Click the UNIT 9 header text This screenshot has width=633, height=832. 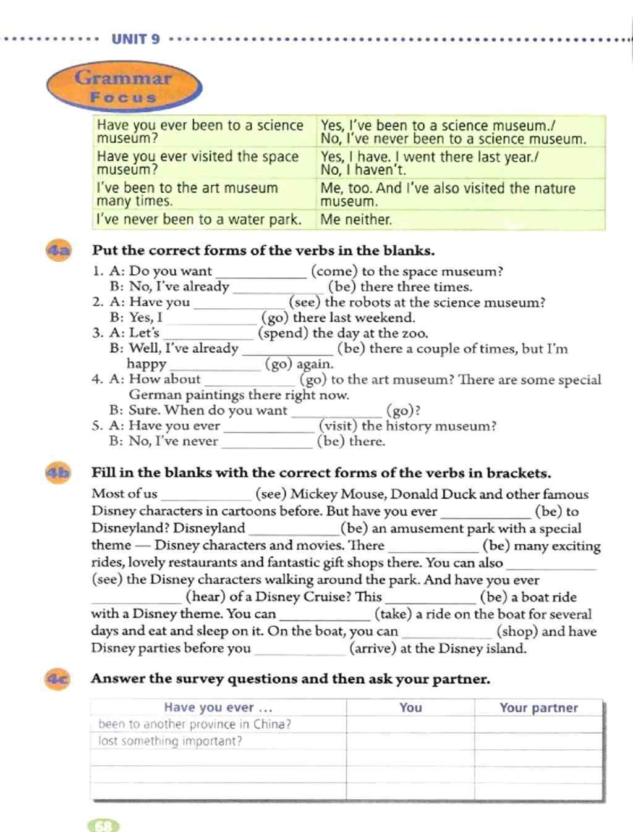point(135,39)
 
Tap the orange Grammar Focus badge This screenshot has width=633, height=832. point(124,86)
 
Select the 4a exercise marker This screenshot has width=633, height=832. point(59,250)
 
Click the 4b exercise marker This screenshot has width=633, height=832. point(59,473)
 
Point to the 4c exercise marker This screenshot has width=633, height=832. point(59,679)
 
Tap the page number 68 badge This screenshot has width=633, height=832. point(104,825)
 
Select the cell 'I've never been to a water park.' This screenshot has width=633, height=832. point(199,219)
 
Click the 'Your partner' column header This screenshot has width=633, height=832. point(538,708)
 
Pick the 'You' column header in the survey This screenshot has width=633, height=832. point(410,708)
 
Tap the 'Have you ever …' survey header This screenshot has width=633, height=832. point(218,708)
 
